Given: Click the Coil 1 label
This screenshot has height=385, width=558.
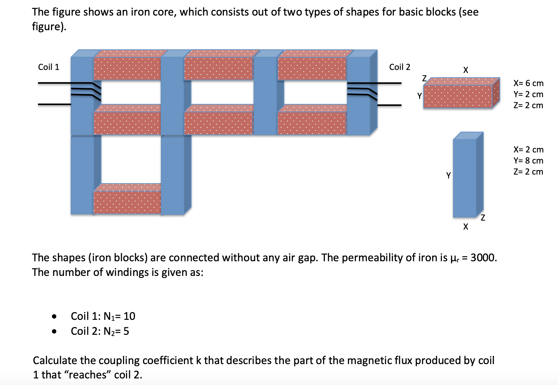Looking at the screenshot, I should point(49,67).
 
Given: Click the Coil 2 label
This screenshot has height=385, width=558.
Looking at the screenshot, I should point(399,67).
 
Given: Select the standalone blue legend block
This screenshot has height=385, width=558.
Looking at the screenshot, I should point(465,178).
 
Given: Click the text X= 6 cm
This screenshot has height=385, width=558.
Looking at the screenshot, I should point(528,83).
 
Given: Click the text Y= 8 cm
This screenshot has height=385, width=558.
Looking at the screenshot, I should point(528,161).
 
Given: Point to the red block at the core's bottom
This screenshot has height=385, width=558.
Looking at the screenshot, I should point(127,202).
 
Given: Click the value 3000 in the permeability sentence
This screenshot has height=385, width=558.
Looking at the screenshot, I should point(483,257).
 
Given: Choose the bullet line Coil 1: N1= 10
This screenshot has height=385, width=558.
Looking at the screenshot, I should point(103,316).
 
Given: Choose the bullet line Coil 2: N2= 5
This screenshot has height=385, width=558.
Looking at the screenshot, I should point(100,331).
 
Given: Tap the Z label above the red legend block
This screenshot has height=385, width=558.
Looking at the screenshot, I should point(424,78).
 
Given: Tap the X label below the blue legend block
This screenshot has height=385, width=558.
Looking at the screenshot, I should point(465,227).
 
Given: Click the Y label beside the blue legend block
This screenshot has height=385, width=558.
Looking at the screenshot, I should point(448,175).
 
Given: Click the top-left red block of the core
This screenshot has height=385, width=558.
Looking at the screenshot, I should point(127,68).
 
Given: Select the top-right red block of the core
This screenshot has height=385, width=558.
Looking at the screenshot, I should point(312,68).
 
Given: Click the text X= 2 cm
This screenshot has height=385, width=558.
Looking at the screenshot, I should point(528,149).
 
